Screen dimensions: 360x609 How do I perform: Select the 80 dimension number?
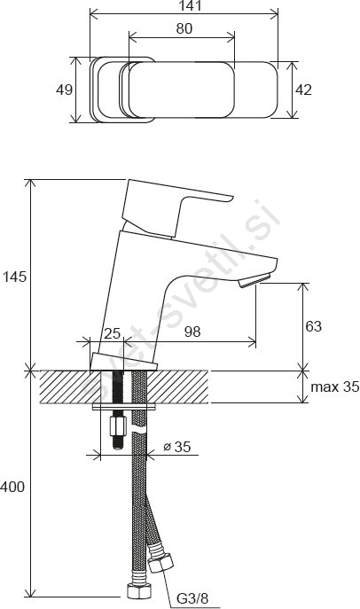click(x=184, y=28)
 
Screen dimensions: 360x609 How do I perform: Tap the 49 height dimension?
click(x=64, y=90)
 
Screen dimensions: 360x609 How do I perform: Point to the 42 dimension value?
click(x=303, y=90)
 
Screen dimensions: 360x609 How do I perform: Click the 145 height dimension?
click(x=14, y=277)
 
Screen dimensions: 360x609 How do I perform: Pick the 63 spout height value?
click(x=313, y=326)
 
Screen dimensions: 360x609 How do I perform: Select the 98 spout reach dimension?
click(x=192, y=332)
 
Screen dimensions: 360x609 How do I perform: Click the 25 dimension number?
click(x=113, y=333)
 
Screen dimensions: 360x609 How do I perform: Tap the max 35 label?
click(x=335, y=386)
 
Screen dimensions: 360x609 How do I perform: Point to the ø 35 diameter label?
click(x=177, y=447)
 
